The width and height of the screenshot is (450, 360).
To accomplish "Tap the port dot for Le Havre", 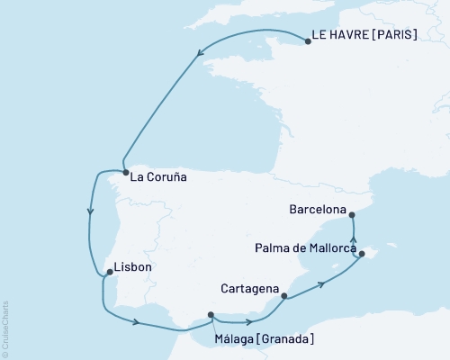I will tap(308, 40).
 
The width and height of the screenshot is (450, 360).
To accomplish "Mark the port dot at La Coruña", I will tap(126, 173).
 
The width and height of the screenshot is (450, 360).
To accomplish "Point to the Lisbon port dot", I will tap(108, 272).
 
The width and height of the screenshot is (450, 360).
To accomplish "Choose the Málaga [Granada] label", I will tap(264, 338).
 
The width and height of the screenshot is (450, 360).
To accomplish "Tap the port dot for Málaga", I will tap(211, 315).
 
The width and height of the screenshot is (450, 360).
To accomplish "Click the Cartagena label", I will tap(248, 290).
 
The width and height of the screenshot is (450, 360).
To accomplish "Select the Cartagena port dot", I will tap(284, 295).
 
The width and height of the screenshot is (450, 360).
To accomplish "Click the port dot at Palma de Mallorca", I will tap(361, 255).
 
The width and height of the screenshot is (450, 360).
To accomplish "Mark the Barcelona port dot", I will tap(352, 214).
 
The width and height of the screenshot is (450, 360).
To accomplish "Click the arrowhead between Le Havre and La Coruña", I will tap(198, 56).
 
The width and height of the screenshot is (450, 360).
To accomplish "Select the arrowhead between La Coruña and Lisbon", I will tap(90, 213).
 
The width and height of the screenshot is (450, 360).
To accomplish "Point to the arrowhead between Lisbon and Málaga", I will tap(136, 322).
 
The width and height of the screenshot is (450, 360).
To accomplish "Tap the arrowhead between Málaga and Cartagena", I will tap(247, 321).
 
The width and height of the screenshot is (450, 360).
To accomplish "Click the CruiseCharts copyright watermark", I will tap(6, 328).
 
